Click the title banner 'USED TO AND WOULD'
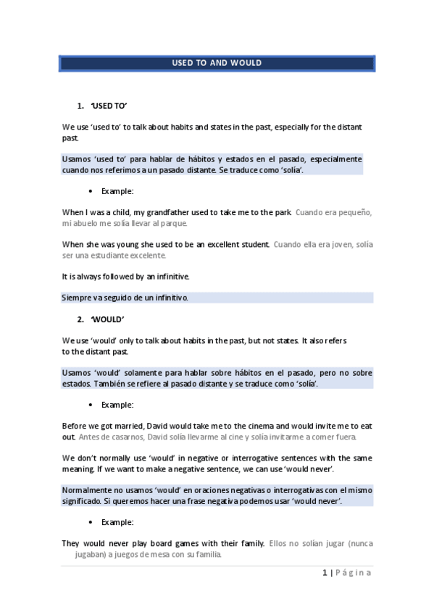[x=217, y=63]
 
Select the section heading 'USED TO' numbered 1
[x=109, y=106]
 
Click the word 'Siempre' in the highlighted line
[x=77, y=298]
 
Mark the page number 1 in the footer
[x=324, y=573]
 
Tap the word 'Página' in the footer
[x=354, y=573]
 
